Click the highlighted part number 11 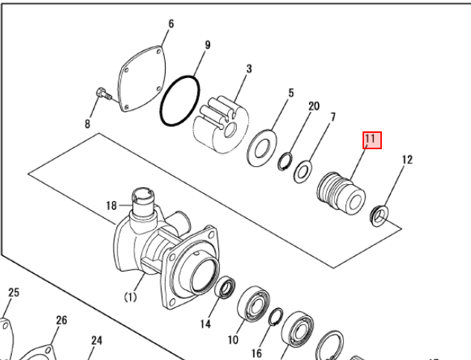372,140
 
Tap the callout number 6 171,24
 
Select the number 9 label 207,45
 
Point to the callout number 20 314,106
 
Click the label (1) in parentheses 130,297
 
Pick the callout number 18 111,206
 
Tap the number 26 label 62,321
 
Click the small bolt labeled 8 104,94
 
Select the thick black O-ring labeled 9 180,101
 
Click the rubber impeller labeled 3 221,125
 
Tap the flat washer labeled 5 262,148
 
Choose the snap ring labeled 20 285,162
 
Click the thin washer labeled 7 302,171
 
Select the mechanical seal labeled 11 341,194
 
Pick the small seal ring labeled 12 379,216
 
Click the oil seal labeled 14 225,288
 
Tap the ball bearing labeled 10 253,304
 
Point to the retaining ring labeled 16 275,317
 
